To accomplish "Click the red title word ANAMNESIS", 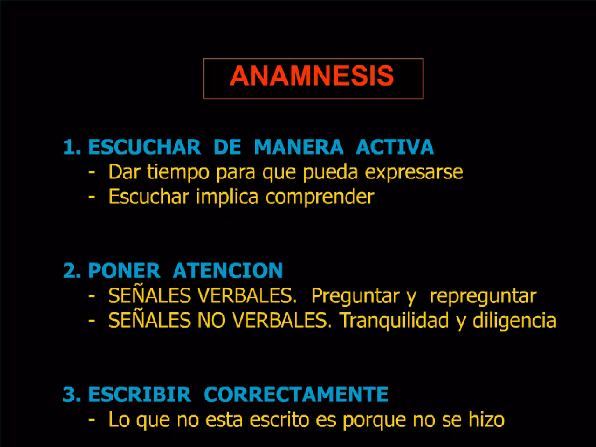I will pos(312,76).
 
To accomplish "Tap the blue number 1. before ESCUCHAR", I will pos(72,147).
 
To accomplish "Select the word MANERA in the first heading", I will pos(299,147).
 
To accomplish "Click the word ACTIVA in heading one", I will pos(395,147).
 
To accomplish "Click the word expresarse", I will pos(414,172).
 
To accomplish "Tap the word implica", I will pos(227,197).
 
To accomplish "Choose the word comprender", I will pos(320,197).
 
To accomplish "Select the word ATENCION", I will pos(228,271).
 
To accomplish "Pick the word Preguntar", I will pos(355,296).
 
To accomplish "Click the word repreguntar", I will pos(483,296).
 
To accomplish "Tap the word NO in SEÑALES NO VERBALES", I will pos(211,320).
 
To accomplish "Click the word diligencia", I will pos(514,320).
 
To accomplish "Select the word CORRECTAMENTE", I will pos(296,395).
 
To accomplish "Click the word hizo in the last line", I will pos(486,420).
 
